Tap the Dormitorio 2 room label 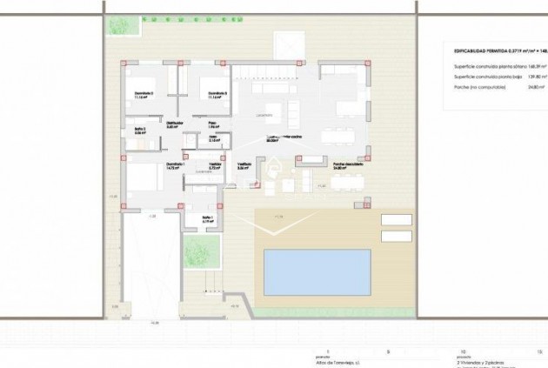214,93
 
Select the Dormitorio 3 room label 144,93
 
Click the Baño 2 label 140,130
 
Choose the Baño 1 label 209,218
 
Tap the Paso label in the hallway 213,124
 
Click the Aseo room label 213,137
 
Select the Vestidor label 215,164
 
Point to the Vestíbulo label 244,164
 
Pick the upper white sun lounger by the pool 396,218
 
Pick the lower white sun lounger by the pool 396,234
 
